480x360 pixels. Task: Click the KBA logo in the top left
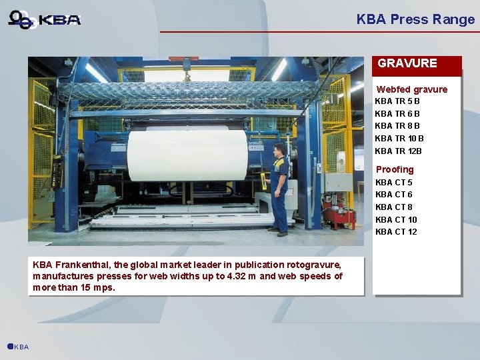(45, 19)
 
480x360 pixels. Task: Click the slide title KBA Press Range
(415, 19)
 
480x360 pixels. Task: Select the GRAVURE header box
(416, 64)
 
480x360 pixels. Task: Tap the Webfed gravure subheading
(411, 89)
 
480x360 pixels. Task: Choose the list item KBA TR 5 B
(397, 101)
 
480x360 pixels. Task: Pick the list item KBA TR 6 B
(397, 114)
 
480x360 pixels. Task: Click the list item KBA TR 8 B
(397, 126)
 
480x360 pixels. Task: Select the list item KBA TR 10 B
(399, 139)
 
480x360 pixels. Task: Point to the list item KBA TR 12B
(399, 151)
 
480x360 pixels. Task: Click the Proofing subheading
(395, 169)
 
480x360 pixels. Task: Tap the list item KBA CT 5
(394, 182)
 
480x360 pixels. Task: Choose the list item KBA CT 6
(394, 195)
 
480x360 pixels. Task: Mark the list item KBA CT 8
(394, 207)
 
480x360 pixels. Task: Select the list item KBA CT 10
(396, 220)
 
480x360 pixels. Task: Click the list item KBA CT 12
(396, 232)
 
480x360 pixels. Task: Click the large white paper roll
(187, 155)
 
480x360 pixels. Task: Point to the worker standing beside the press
(279, 188)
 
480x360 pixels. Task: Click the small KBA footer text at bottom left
(21, 347)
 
